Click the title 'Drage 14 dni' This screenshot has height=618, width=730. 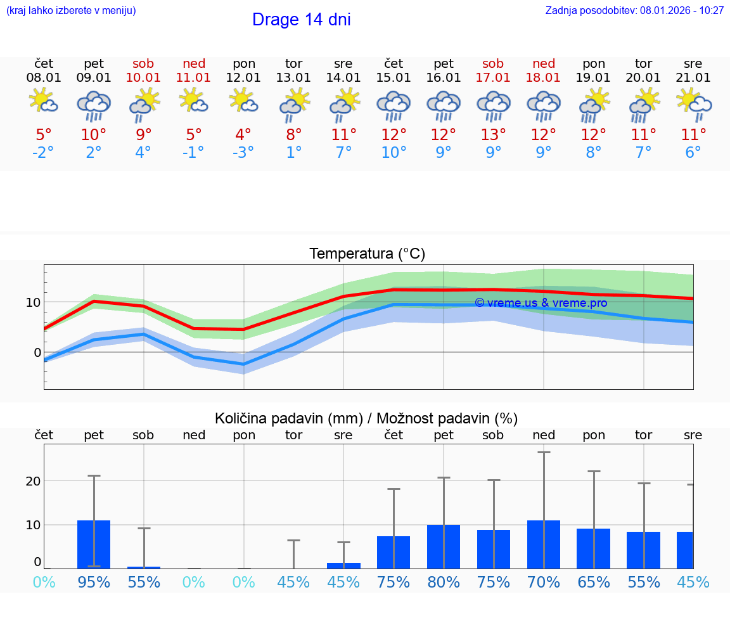click(x=301, y=20)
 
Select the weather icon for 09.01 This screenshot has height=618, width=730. click(x=94, y=105)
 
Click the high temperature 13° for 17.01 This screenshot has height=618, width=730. click(x=493, y=135)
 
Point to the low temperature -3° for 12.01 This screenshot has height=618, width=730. click(x=244, y=153)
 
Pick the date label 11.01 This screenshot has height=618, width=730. click(x=194, y=77)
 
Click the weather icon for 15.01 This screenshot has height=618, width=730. click(x=394, y=105)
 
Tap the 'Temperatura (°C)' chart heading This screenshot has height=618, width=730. click(x=368, y=254)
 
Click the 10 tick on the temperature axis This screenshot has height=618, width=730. click(x=34, y=302)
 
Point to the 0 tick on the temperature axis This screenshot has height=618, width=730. click(x=37, y=352)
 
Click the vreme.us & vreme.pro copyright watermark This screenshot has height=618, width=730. click(x=541, y=303)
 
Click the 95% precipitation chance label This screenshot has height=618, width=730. click(x=94, y=582)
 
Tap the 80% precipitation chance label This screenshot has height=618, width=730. click(x=444, y=582)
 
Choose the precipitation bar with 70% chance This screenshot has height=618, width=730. click(x=544, y=544)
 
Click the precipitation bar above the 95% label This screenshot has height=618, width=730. click(x=94, y=544)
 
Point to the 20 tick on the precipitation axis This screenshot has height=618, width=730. click(x=33, y=481)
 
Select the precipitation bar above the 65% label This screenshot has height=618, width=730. click(x=594, y=548)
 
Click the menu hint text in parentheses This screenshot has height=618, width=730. click(x=71, y=10)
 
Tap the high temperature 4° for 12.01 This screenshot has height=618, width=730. click(x=244, y=135)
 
